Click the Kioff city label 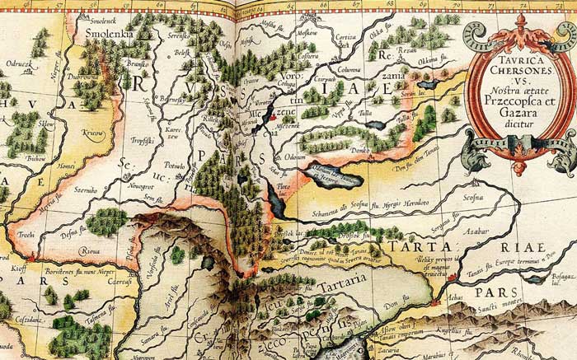(x=16, y=268)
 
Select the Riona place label (x=88, y=251)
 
